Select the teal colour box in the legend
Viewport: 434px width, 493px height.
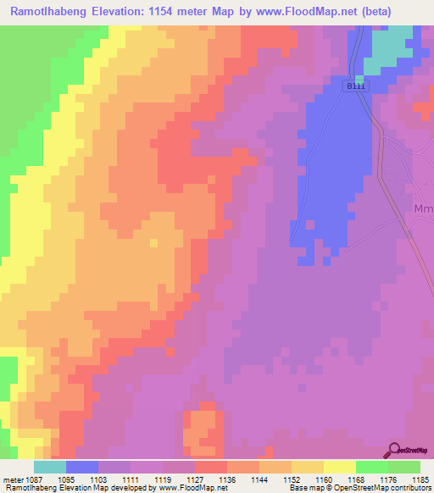coord(50,467)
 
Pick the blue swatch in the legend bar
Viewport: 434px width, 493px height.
coord(82,467)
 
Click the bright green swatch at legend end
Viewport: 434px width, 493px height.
coord(404,467)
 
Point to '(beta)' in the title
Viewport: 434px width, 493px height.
coord(409,12)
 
